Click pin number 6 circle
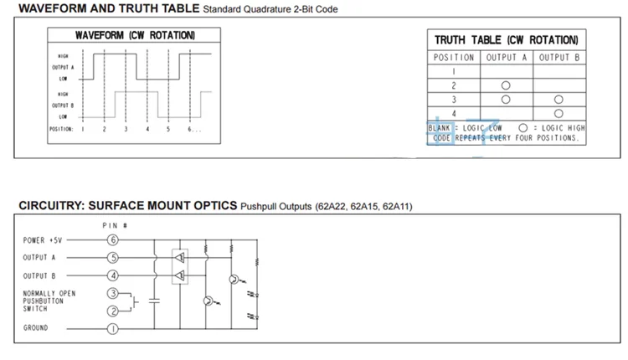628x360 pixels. (113, 240)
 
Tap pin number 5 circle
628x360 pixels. (113, 257)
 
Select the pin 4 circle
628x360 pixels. (113, 275)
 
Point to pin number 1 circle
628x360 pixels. (113, 328)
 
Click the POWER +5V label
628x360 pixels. (43, 240)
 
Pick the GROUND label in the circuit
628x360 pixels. (36, 328)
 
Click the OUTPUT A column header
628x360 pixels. (506, 58)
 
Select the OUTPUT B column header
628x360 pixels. (559, 58)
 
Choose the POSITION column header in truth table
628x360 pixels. (454, 58)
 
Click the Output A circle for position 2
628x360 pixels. (506, 85)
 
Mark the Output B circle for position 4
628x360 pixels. (559, 113)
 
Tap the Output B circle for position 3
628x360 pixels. (559, 100)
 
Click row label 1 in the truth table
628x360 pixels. (454, 72)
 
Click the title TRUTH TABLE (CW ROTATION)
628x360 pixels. (506, 40)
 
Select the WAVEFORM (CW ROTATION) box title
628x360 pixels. (135, 36)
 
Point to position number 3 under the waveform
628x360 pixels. (126, 129)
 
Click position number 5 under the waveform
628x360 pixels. (168, 129)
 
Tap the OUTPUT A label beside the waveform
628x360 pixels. (64, 66)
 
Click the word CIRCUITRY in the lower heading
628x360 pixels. (51, 206)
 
